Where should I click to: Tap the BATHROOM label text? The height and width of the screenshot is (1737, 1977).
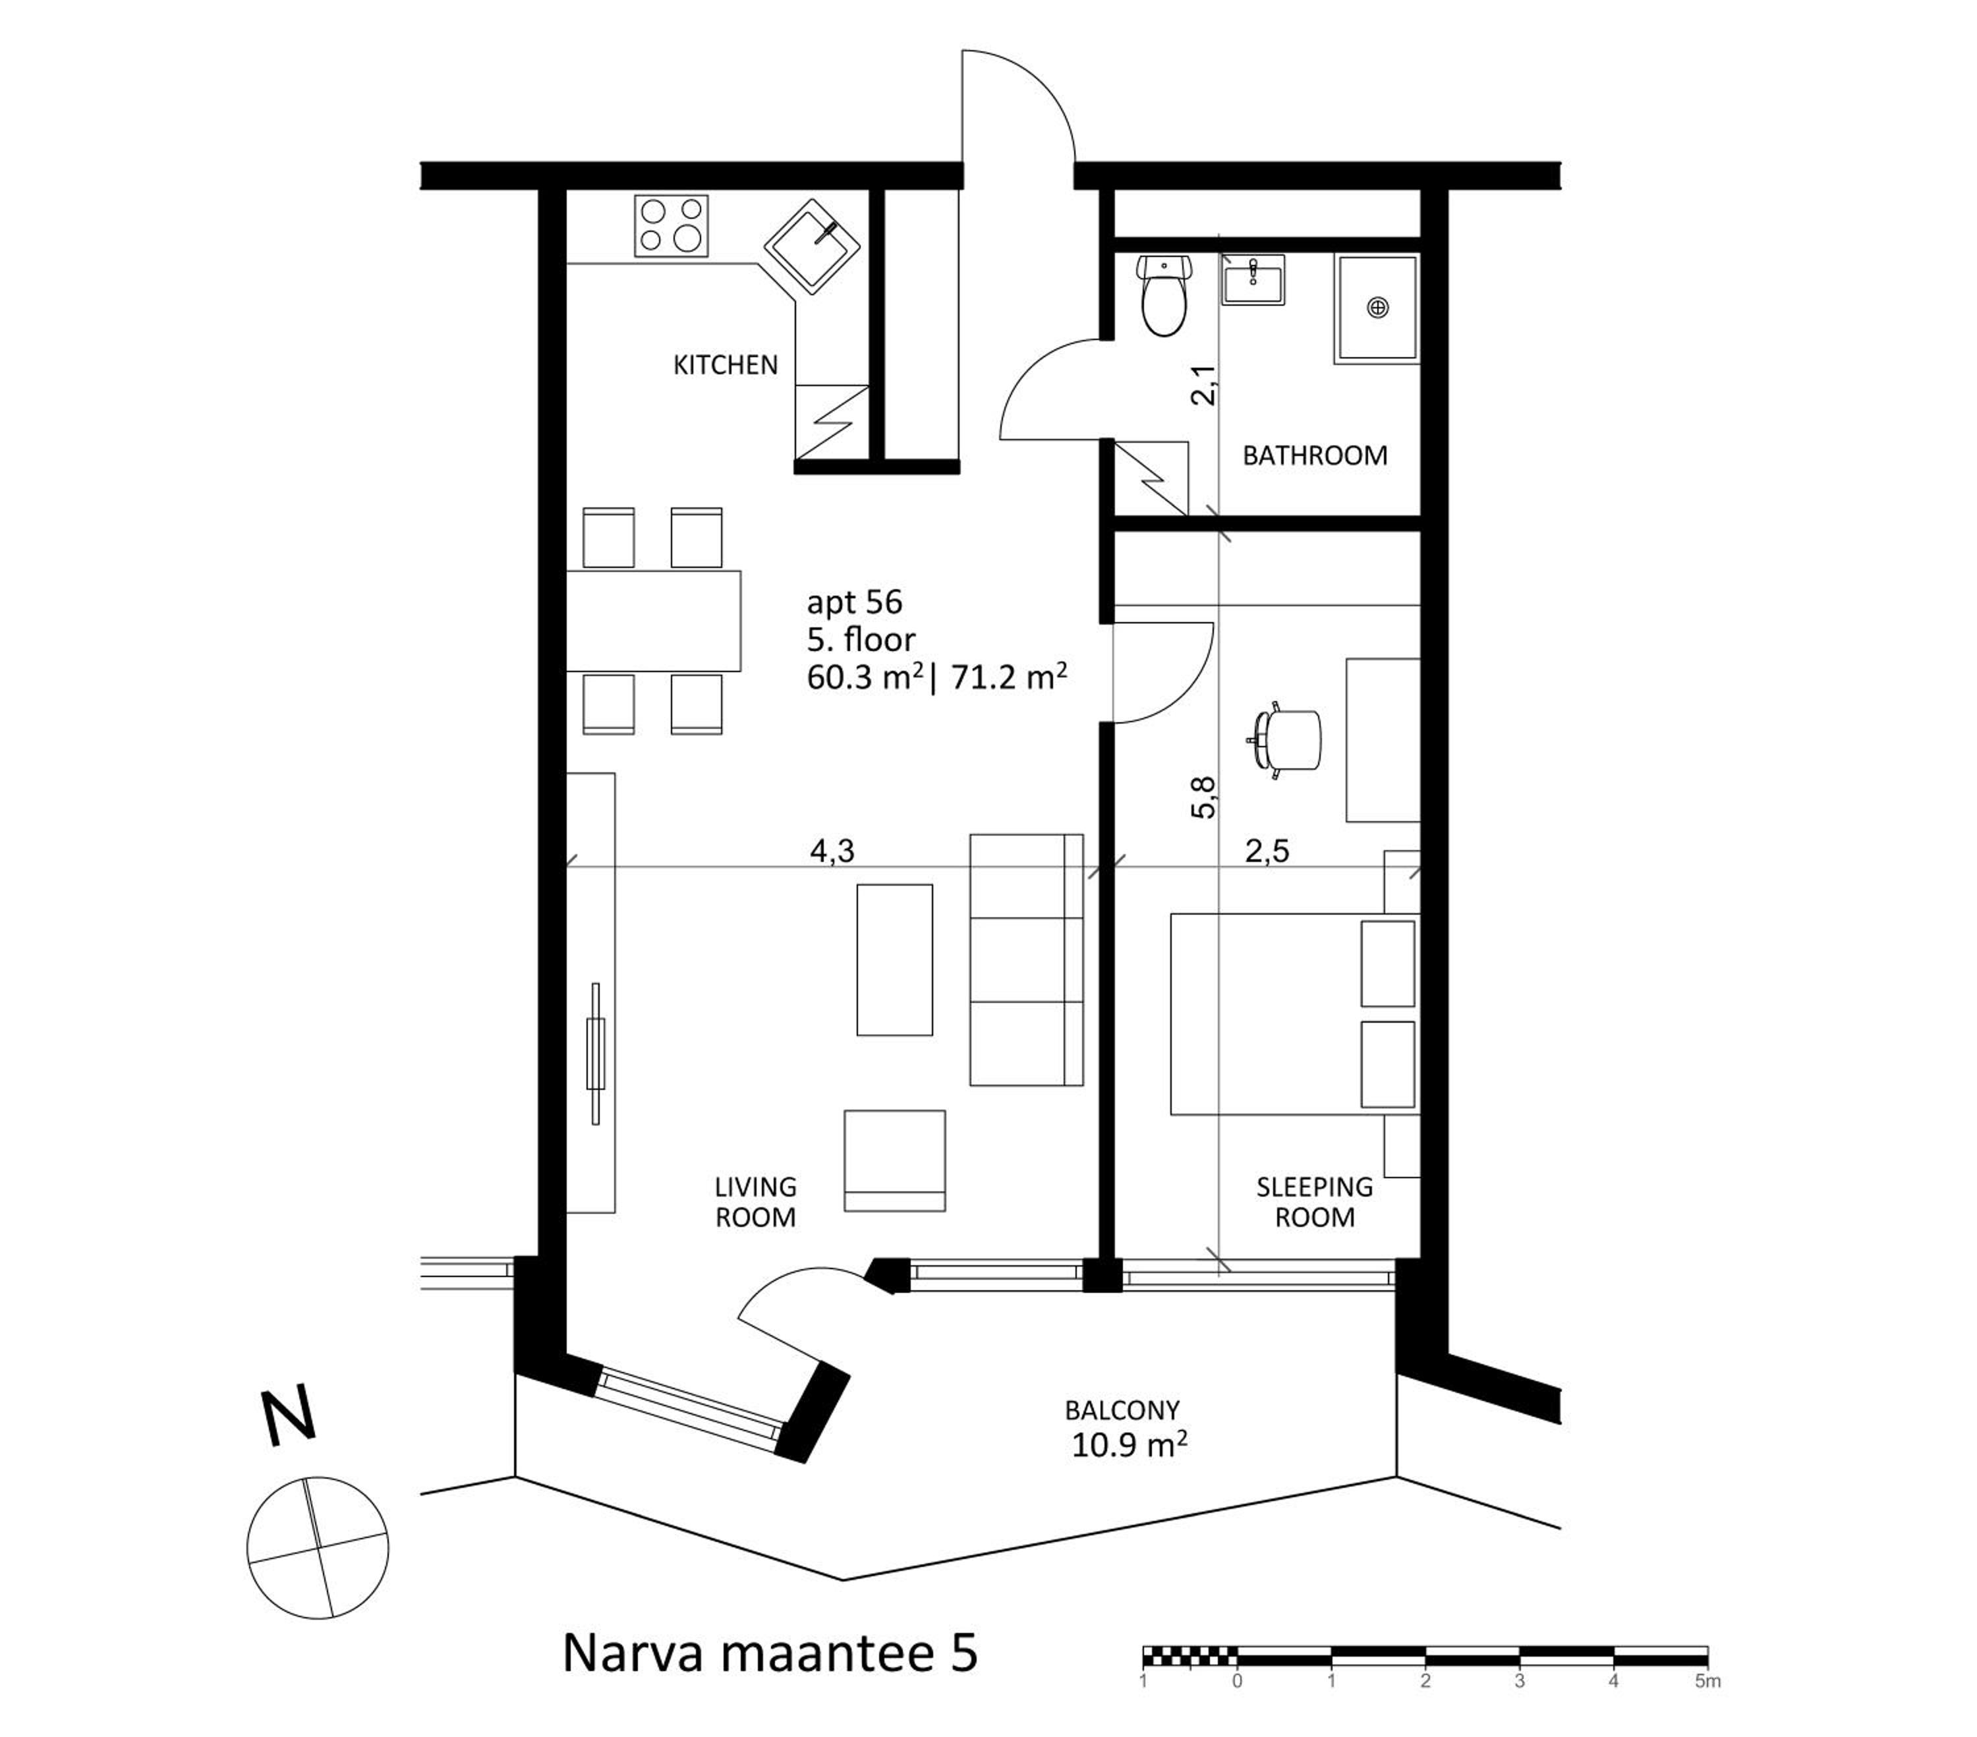pos(1315,455)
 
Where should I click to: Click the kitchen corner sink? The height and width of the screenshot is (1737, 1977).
pos(813,248)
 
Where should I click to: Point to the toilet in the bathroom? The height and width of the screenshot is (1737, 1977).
pos(1164,295)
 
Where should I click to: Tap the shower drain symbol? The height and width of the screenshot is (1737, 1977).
pos(1377,308)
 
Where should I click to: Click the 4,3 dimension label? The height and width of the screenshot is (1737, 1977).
pos(832,851)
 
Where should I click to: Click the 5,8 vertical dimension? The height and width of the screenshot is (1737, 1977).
pos(1203,798)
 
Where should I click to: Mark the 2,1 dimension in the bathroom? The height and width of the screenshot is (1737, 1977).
pos(1203,385)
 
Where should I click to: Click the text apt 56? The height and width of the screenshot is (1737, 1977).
pos(854,602)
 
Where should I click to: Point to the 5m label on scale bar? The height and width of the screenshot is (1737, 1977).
pos(1708,1681)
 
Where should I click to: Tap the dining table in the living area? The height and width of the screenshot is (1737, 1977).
pos(654,621)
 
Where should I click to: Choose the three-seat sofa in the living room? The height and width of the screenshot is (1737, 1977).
pos(1026,959)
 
